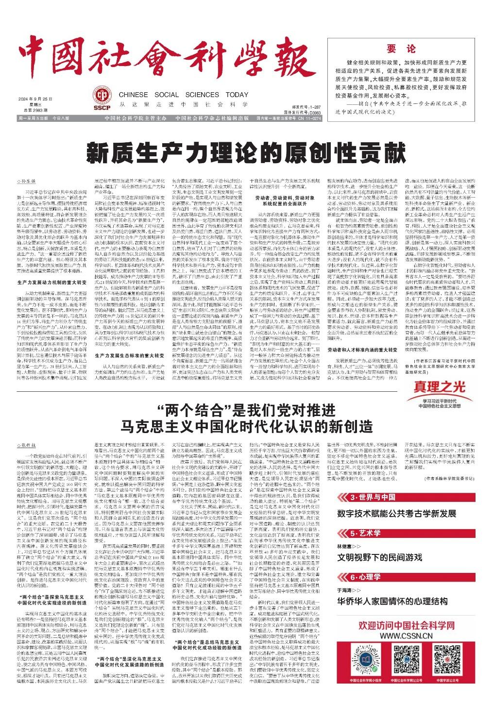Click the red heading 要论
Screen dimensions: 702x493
[401, 49]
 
